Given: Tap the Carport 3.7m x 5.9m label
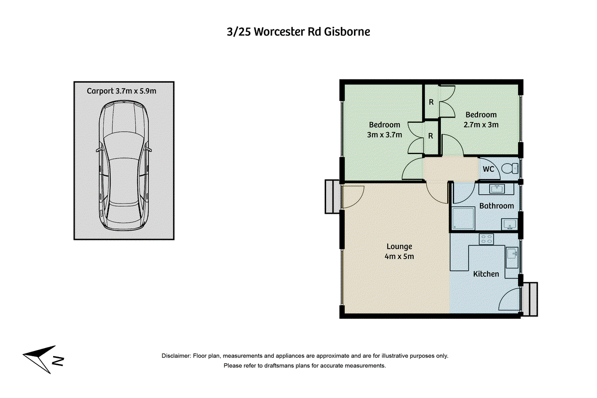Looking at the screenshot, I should (121, 91).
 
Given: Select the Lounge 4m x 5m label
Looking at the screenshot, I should (399, 251).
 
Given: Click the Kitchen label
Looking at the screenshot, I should (486, 274).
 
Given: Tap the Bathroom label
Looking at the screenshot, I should (496, 206).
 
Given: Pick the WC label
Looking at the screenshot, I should (488, 169).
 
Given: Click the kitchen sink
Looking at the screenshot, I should (512, 254).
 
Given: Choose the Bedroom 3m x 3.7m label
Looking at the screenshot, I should (384, 130).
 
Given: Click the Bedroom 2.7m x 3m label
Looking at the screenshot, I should (481, 119).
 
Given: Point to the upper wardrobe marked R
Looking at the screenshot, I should (431, 102).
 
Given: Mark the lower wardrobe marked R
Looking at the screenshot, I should (430, 136).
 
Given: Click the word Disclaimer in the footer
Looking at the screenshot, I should (176, 356).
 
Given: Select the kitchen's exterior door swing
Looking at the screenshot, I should (510, 300).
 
